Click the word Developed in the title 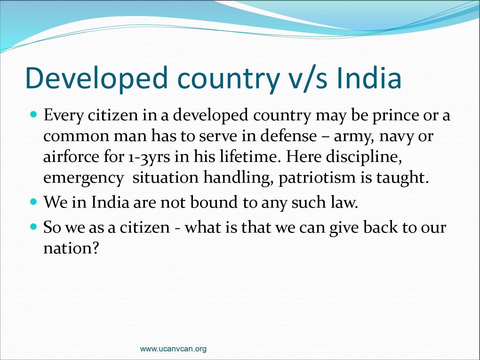pos(96,78)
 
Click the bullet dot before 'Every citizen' pos(33,114)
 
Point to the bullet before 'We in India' pos(33,202)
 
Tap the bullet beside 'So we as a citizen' pos(33,227)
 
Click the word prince pos(396,116)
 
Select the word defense pos(288,135)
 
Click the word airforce pos(71,156)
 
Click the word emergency pos(84,178)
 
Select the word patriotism pos(317,178)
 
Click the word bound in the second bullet pos(214,202)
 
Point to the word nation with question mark pos(71,248)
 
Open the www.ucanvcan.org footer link pos(173,348)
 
